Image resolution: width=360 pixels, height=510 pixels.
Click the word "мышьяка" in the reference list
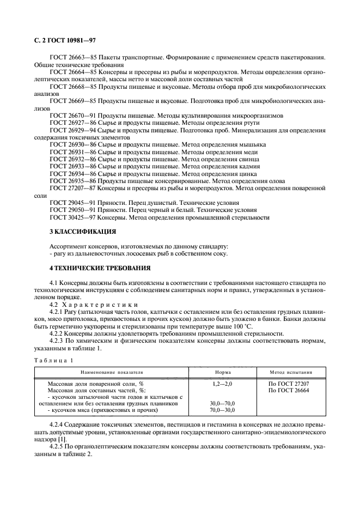click(x=252, y=144)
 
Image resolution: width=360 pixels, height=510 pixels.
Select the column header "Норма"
click(x=223, y=372)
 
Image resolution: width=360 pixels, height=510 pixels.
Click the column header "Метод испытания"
click(x=291, y=372)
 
